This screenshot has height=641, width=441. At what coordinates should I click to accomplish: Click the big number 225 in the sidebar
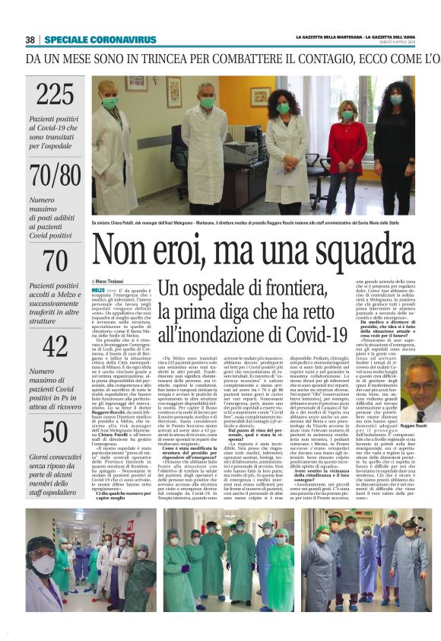[x=55, y=94]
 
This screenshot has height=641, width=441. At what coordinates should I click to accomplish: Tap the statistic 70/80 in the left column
[x=55, y=175]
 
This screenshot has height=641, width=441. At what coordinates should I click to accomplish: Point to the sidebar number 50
[x=55, y=432]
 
